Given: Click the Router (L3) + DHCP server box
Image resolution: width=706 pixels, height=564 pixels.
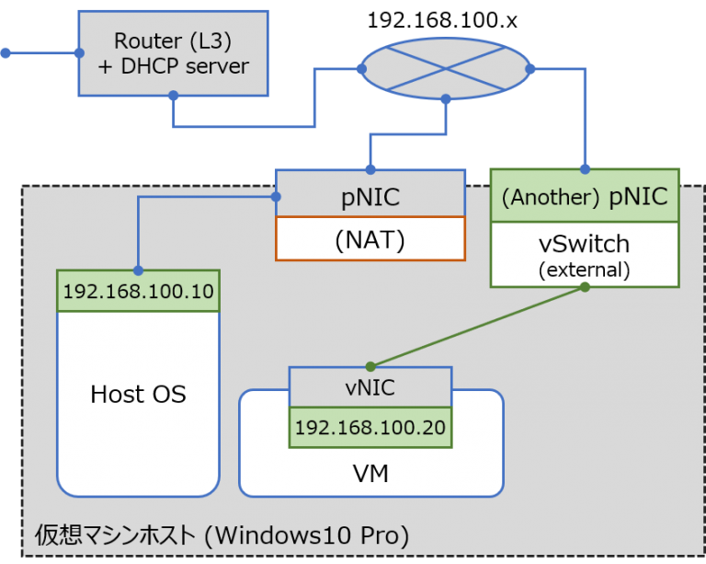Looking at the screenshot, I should pos(172,52).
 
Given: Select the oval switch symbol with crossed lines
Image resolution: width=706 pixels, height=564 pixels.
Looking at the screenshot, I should pos(445,68).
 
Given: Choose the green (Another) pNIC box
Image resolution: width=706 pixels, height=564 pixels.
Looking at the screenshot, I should pos(585,195).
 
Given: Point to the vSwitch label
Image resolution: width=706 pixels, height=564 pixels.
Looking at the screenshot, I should pos(585,244).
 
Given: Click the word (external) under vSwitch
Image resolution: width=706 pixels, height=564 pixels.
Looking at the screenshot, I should pos(585,270).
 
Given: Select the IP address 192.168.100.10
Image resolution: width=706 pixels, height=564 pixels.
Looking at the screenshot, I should pos(138,292).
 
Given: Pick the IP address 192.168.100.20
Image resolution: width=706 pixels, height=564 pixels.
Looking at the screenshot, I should pos(370,427).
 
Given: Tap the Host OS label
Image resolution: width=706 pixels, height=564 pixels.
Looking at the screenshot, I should pos(138,395).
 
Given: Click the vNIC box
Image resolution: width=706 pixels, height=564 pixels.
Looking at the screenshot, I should pos(370,387).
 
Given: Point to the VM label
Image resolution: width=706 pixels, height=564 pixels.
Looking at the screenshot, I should pos(370,474).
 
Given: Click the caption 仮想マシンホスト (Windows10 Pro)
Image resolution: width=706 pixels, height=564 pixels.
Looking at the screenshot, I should pos(221,534).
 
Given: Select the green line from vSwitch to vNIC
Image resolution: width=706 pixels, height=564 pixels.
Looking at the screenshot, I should pos(478,326).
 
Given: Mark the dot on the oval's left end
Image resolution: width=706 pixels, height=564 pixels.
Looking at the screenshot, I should pos(359,68).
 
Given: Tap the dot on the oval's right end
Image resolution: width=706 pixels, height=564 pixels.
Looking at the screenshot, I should pos(530,68).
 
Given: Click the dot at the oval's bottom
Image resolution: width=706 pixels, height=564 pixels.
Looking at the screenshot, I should pos(445,98).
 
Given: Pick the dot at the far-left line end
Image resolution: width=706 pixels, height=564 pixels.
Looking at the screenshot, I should pos(5,53).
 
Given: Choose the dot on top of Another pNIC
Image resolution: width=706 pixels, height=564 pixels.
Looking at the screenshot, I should pos(585,167).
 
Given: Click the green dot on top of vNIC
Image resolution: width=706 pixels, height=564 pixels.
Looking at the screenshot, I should pos(370,365).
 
